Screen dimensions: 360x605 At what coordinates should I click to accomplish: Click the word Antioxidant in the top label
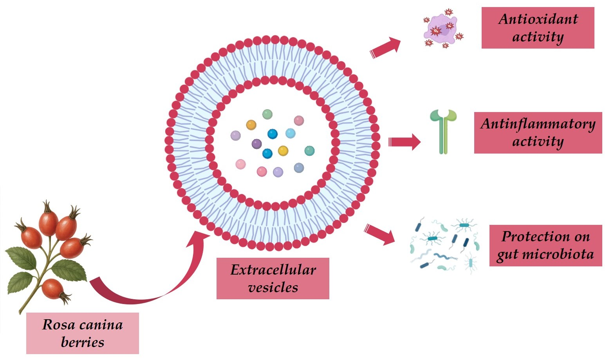tap(538, 19)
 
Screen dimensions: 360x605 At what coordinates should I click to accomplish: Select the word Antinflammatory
tap(538, 124)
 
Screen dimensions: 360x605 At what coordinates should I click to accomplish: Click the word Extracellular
tap(273, 270)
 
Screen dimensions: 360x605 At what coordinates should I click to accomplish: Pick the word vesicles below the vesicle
tap(273, 288)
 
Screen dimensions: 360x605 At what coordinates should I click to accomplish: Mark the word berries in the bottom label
tap(83, 342)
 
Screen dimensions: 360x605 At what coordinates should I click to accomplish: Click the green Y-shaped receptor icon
tap(443, 131)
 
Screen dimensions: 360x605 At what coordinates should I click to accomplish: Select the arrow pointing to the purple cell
tap(385, 48)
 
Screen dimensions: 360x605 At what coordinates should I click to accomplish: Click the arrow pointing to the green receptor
tap(404, 141)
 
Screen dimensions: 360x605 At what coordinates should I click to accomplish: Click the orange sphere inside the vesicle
tap(251, 125)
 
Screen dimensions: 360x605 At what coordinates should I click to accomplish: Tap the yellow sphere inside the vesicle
tap(283, 150)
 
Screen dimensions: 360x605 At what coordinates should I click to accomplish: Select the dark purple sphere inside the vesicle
tap(256, 144)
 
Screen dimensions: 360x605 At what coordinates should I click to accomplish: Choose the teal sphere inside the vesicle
tap(309, 151)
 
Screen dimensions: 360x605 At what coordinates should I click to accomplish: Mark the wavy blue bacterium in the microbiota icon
tap(445, 257)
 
